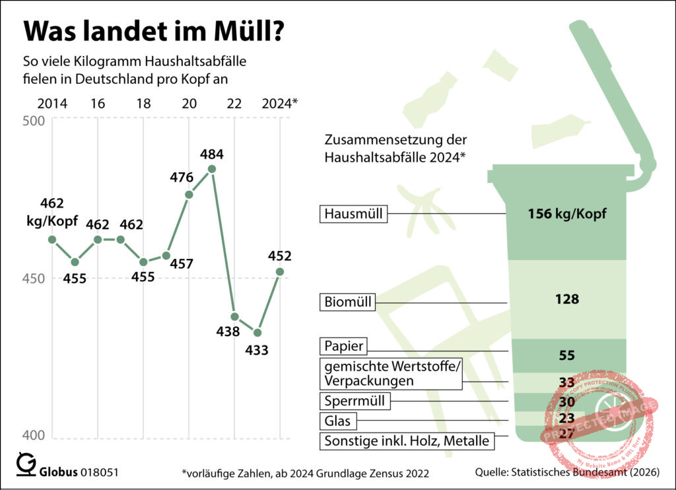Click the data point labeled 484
click(x=212, y=168)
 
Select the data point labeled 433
click(x=257, y=332)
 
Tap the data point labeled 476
click(x=189, y=194)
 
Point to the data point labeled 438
click(x=234, y=316)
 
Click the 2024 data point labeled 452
click(x=280, y=271)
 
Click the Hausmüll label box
click(x=354, y=214)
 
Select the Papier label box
click(x=344, y=346)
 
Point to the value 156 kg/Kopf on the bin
click(x=566, y=214)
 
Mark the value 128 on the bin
click(x=566, y=299)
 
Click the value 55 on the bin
click(x=566, y=355)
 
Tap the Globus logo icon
click(x=26, y=464)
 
